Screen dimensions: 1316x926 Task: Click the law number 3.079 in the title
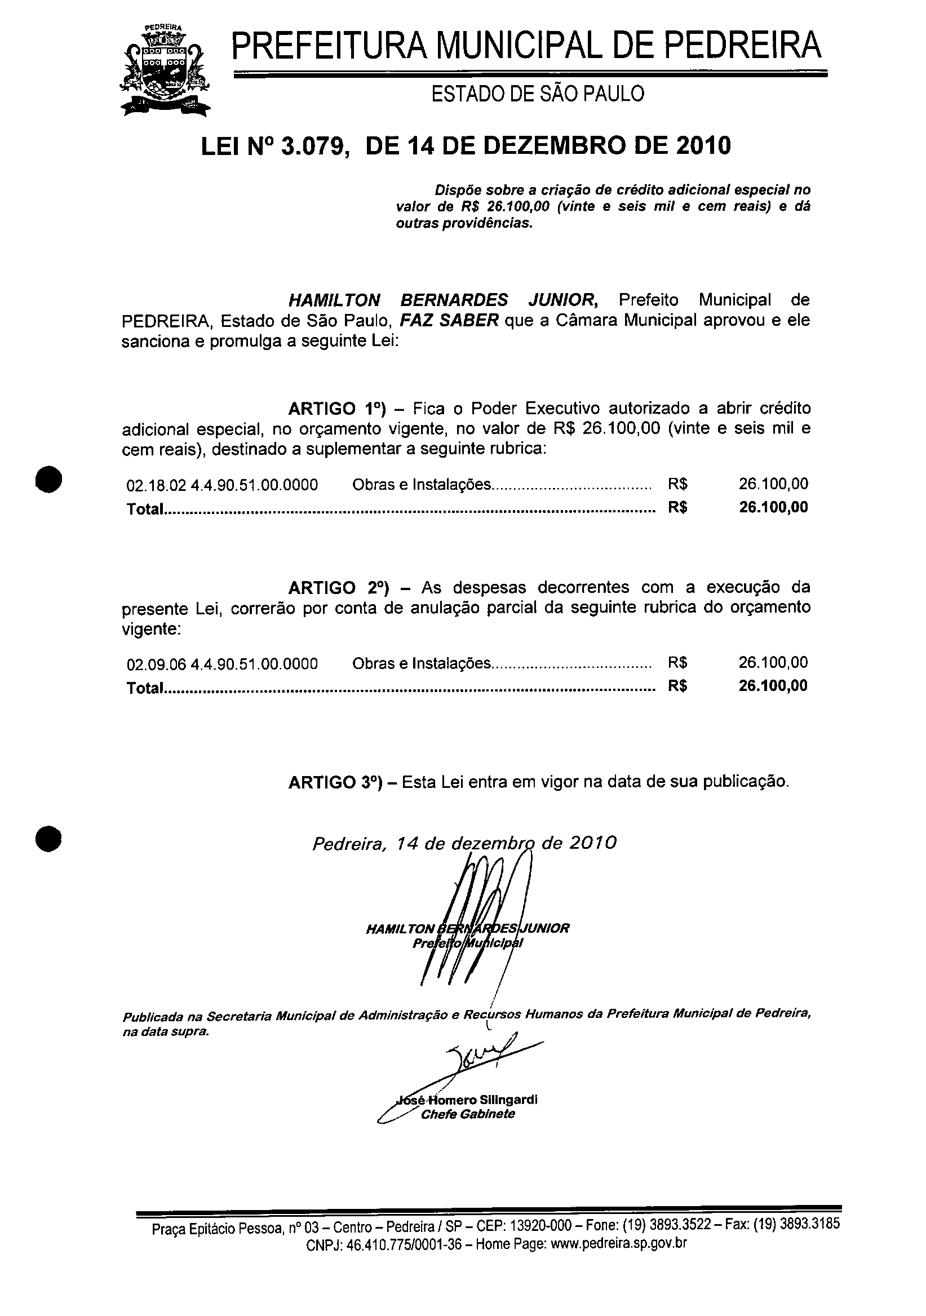(x=309, y=145)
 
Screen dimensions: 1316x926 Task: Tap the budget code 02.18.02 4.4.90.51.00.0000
(x=221, y=485)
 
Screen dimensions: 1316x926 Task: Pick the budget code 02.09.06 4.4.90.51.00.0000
(x=221, y=664)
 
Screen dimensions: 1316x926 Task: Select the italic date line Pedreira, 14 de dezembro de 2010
(x=464, y=843)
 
